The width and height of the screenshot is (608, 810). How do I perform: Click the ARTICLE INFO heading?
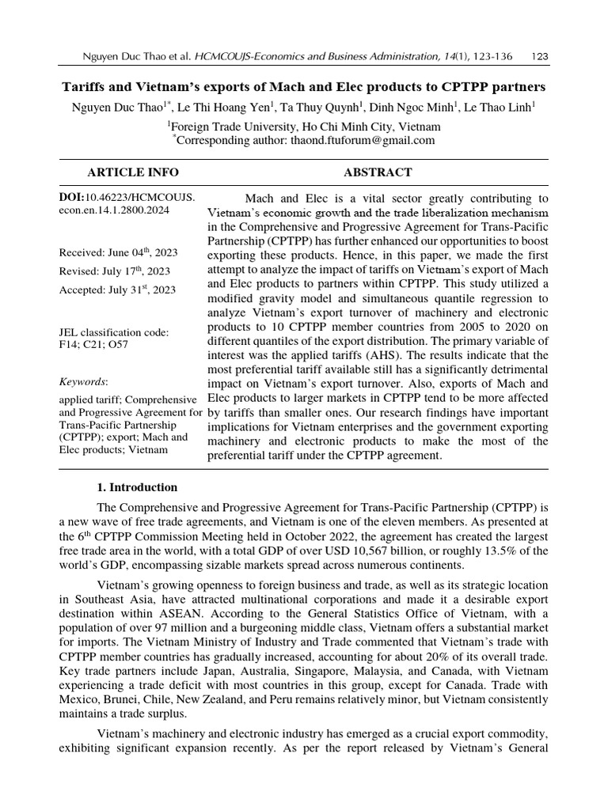[133, 172]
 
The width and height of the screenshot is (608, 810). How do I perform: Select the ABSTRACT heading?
[378, 172]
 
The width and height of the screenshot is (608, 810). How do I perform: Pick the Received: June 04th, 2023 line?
[118, 253]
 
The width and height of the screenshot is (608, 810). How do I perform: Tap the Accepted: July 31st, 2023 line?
[118, 290]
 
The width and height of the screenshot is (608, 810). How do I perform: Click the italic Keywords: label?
[83, 381]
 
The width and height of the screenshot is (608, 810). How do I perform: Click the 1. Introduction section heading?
[137, 487]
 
